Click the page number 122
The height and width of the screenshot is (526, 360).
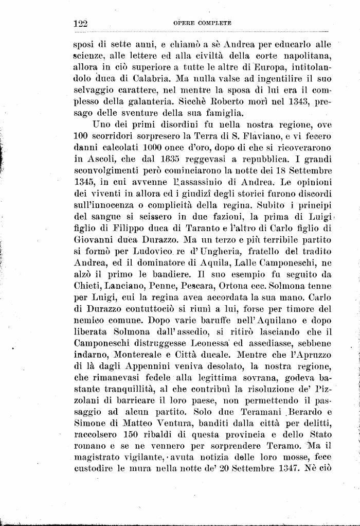click(81, 24)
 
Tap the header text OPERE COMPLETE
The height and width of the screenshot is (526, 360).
click(202, 24)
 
